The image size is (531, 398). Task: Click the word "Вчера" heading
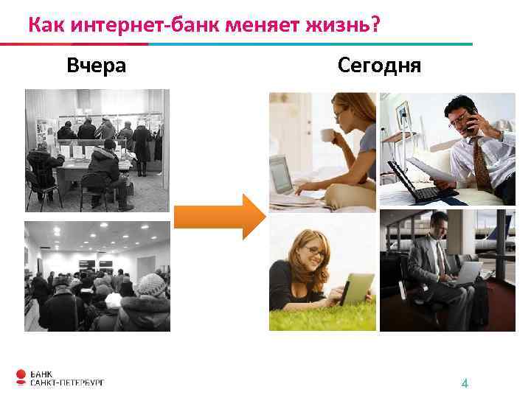(x=96, y=66)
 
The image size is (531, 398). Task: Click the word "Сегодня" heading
(x=379, y=66)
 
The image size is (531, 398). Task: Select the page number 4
(x=465, y=383)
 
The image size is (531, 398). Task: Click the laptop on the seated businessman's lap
(x=465, y=274)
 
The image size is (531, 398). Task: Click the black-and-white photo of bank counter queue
(x=97, y=150)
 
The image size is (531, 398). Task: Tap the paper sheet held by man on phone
(x=435, y=167)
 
